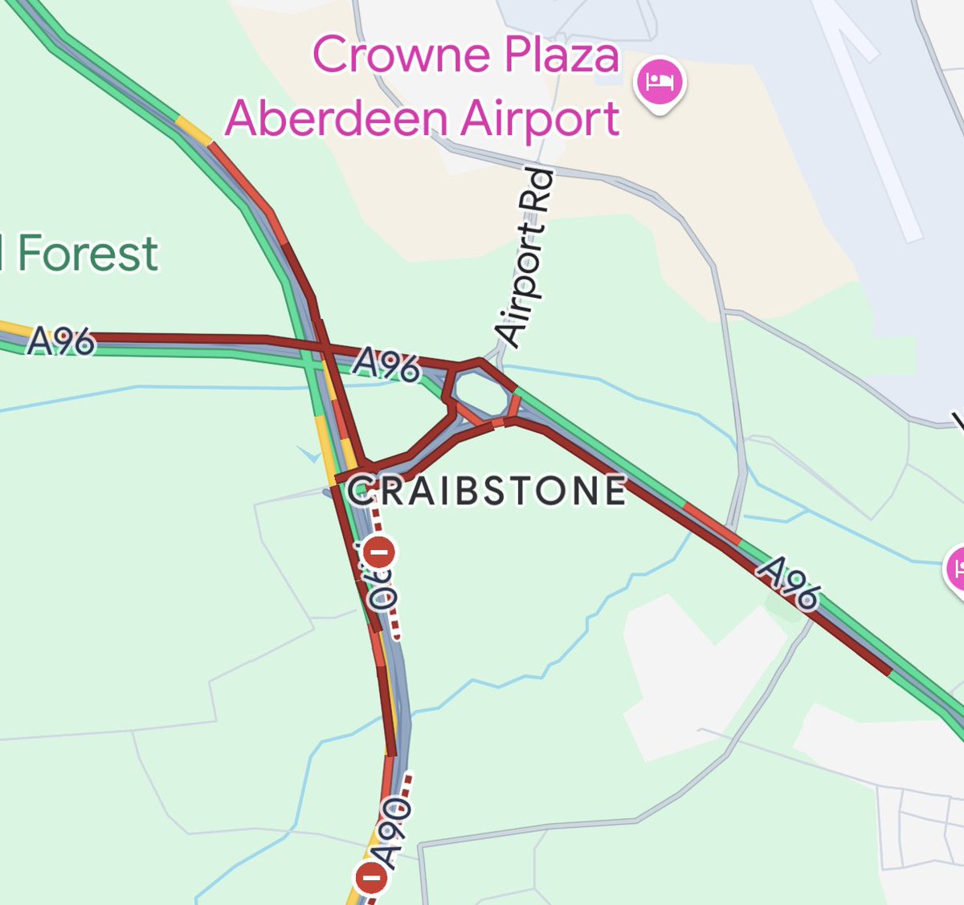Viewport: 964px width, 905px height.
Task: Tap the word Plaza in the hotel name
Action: (x=562, y=55)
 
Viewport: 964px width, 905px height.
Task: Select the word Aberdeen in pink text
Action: (x=336, y=119)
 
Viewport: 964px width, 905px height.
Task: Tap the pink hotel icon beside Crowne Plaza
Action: (x=660, y=82)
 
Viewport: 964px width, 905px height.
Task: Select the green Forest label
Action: (x=87, y=254)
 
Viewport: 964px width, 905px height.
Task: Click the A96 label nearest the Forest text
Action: (x=61, y=342)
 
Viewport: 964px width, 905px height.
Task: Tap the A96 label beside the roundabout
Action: (x=386, y=364)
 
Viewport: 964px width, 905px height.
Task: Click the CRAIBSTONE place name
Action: (x=487, y=491)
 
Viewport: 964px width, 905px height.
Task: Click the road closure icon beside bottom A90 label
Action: (x=371, y=878)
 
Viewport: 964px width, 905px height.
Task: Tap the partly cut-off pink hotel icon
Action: (x=956, y=569)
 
